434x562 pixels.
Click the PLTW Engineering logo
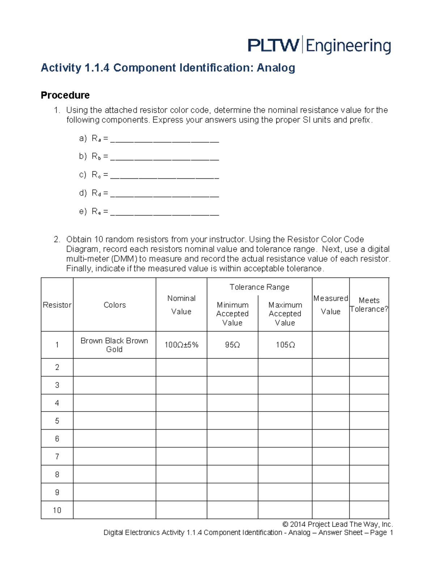[319, 45]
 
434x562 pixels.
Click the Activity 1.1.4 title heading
[168, 68]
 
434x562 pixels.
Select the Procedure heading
[65, 95]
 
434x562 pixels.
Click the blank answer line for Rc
[165, 177]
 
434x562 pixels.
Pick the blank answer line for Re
[165, 214]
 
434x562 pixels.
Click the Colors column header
[115, 305]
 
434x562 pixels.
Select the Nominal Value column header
[181, 305]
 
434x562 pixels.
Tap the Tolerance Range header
[259, 287]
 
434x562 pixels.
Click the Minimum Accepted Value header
[232, 314]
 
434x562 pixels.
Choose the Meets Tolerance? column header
[369, 305]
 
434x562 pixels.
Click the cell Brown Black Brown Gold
[114, 345]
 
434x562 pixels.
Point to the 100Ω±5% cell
[181, 345]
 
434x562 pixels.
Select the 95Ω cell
[232, 345]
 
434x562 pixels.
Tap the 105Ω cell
[285, 345]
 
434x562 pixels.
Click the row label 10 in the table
[57, 510]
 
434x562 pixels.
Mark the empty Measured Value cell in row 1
[331, 345]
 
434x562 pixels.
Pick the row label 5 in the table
[57, 421]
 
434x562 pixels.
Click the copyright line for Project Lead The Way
[337, 524]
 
